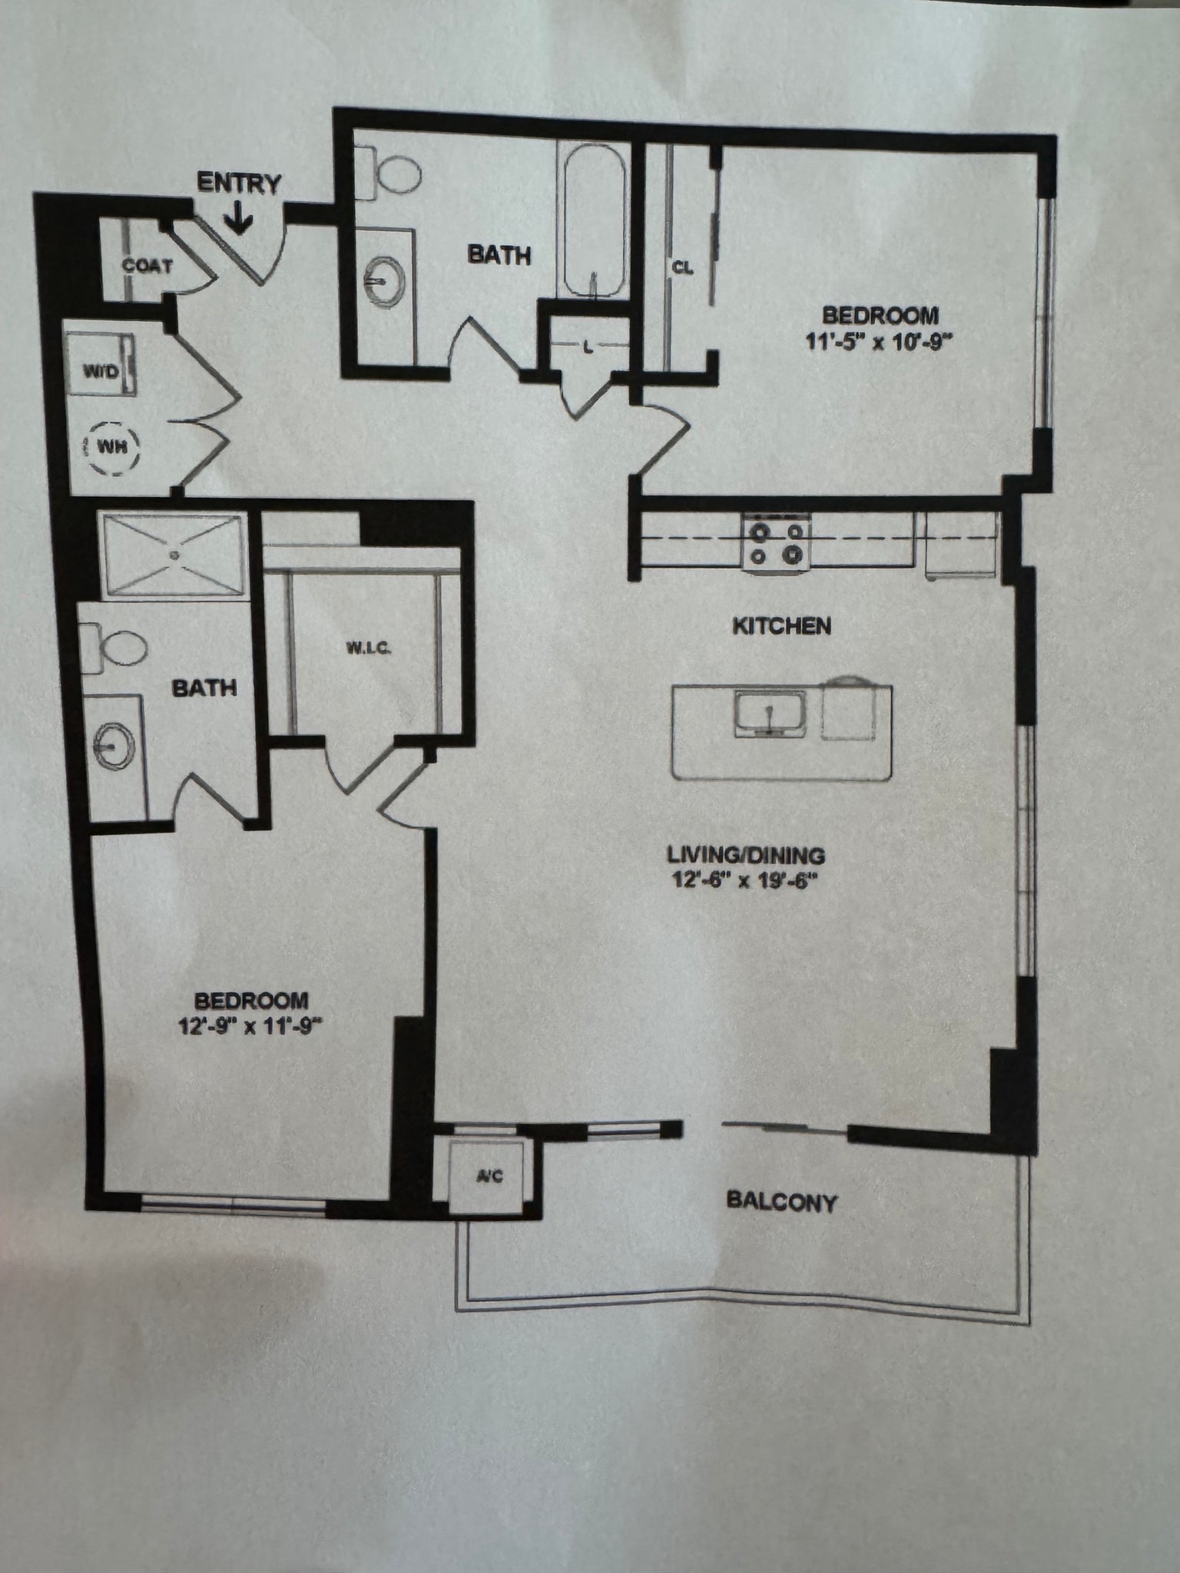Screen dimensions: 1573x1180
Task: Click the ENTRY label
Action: tap(239, 184)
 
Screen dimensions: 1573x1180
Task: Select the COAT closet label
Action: tap(147, 266)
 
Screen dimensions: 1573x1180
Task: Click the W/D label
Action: tap(101, 373)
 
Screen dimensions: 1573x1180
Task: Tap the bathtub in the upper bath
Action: tap(592, 223)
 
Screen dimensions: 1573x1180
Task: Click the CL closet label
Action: tap(683, 268)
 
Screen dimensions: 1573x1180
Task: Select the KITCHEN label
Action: tap(781, 626)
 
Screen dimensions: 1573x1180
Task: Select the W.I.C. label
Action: tap(369, 649)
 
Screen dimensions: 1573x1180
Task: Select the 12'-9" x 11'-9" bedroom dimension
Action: tap(249, 1026)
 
